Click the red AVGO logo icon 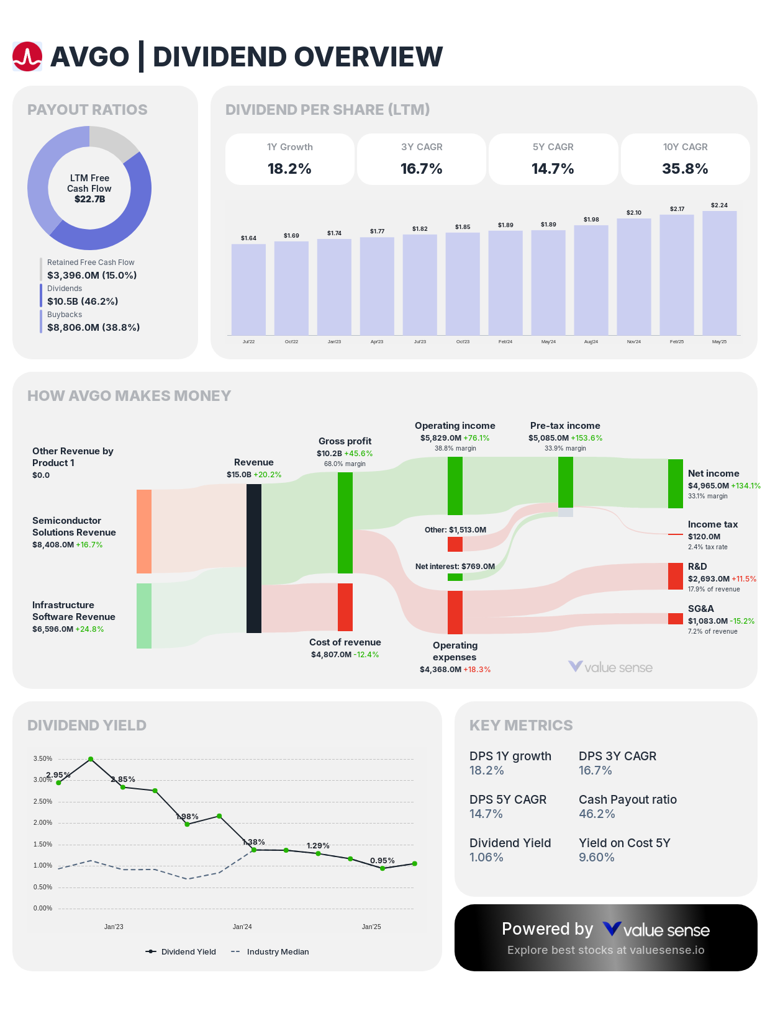(27, 56)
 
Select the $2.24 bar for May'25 (719, 273)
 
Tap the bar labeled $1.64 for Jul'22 (248, 289)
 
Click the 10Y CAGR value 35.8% (685, 169)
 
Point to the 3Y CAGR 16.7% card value (421, 169)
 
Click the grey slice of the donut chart (112, 141)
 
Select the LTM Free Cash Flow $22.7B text (89, 199)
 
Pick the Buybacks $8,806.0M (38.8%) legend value (93, 327)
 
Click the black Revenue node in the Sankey (254, 559)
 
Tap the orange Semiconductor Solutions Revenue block (144, 531)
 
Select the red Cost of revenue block (345, 607)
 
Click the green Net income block (675, 483)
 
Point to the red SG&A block (675, 619)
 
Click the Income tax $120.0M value (704, 536)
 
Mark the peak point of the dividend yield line (91, 759)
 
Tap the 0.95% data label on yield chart (382, 860)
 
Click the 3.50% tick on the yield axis (43, 758)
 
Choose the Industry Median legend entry (277, 951)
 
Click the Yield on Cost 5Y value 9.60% (596, 857)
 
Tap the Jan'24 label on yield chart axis (242, 927)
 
